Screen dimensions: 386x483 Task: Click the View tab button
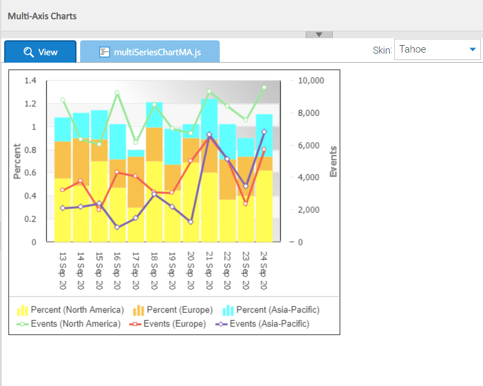coord(40,52)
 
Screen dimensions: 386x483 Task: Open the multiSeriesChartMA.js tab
coord(150,52)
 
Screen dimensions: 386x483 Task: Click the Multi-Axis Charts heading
coord(42,16)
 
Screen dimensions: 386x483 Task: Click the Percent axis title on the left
coord(17,161)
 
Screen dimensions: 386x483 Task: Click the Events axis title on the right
coord(333,161)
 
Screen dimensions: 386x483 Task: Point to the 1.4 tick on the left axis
coord(30,81)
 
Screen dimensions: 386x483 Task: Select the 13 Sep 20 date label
coord(63,271)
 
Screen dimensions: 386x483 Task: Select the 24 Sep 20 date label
coord(263,271)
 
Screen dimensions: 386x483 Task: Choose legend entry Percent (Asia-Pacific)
coord(272,310)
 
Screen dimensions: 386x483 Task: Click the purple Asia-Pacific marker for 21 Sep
coord(209,135)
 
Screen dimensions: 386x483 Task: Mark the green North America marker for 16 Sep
coord(117,93)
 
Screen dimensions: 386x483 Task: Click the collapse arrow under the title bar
coord(319,35)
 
